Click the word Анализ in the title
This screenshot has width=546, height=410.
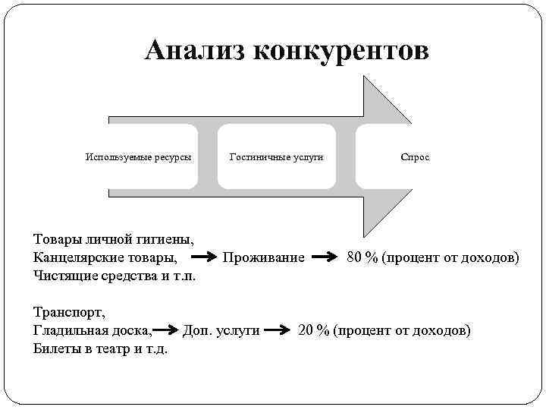click(194, 51)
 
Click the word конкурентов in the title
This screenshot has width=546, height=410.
click(340, 51)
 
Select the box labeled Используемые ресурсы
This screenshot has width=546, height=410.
click(138, 157)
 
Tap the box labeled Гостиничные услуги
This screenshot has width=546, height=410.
click(277, 157)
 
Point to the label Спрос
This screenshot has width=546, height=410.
click(415, 157)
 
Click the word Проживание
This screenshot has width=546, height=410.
click(263, 258)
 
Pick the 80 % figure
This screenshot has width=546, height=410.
click(362, 258)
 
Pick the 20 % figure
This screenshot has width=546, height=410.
click(314, 331)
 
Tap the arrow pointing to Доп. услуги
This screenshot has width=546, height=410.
click(168, 331)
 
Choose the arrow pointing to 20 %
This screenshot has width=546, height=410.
click(280, 331)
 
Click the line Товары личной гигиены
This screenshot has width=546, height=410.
click(114, 241)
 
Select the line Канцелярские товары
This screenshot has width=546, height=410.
click(106, 258)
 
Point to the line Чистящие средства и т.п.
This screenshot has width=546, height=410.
click(115, 276)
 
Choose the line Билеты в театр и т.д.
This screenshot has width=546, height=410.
click(100, 349)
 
